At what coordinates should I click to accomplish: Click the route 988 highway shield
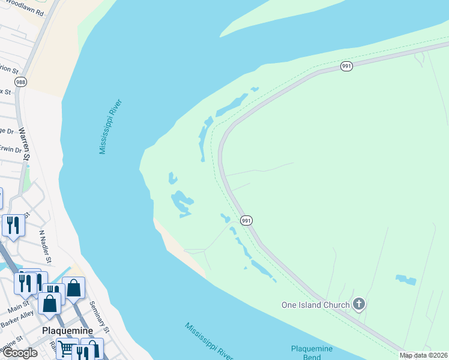click(x=20, y=82)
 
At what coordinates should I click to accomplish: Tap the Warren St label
click(x=24, y=144)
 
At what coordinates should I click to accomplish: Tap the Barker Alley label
click(x=17, y=323)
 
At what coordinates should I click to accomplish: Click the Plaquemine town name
click(x=67, y=331)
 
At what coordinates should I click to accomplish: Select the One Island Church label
click(x=316, y=305)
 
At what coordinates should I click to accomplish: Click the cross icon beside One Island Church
click(x=359, y=304)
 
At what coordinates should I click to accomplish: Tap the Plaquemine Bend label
click(x=312, y=353)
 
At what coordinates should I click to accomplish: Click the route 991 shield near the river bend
click(x=346, y=66)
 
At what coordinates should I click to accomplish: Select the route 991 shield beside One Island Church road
click(x=246, y=221)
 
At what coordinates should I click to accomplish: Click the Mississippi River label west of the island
click(x=111, y=127)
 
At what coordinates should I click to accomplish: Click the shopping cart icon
click(x=67, y=349)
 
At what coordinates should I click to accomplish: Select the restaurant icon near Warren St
click(x=13, y=225)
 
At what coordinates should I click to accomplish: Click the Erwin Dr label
click(x=11, y=149)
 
